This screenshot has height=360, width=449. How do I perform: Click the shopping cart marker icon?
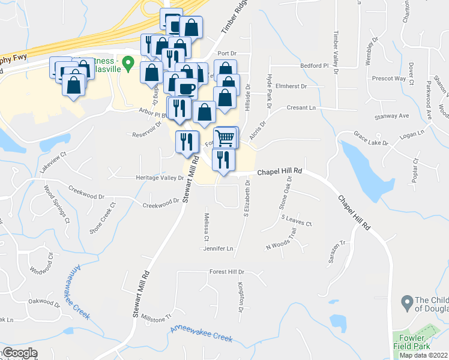click(226, 137)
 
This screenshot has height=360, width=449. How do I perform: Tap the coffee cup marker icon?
click(187, 89)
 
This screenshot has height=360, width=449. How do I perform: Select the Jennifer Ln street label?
click(218, 248)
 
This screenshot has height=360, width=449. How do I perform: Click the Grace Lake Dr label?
click(371, 139)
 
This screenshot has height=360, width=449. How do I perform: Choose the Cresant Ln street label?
click(301, 108)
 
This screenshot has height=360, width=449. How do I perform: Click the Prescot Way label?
click(389, 78)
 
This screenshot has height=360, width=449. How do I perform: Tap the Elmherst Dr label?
click(291, 86)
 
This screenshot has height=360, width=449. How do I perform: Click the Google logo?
click(19, 353)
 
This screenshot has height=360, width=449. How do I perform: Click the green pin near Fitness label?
click(128, 62)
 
